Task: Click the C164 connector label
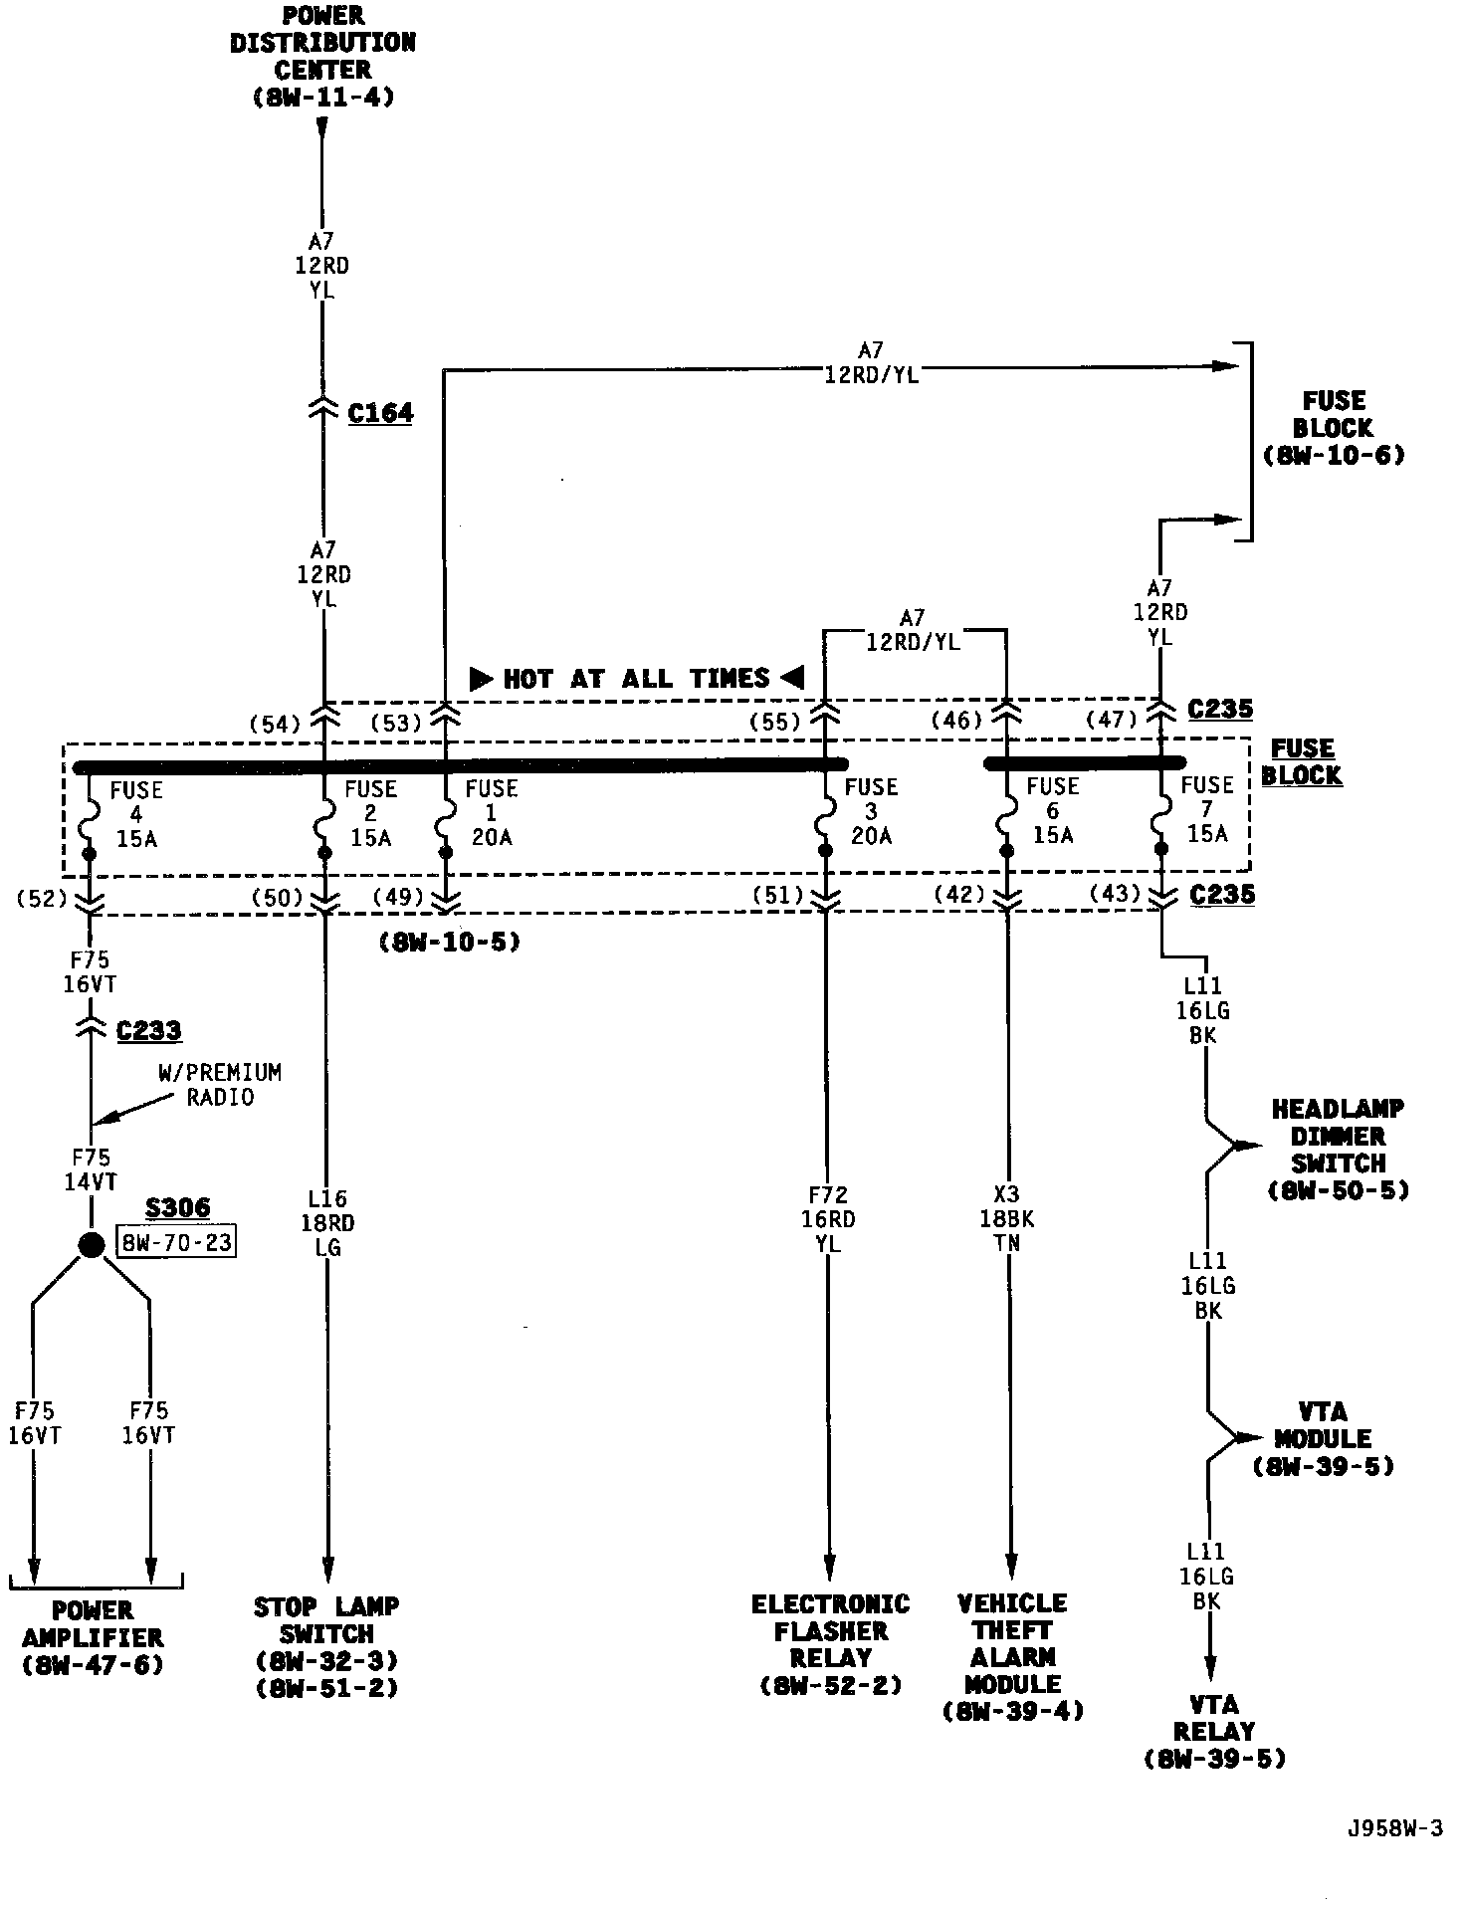[380, 413]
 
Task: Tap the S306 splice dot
[92, 1244]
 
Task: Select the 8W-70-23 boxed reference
[177, 1243]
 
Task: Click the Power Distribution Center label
[322, 57]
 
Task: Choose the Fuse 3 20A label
[871, 812]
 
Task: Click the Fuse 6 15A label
[1053, 810]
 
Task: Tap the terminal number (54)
[275, 725]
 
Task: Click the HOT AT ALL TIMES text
[637, 679]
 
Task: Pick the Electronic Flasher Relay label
[830, 1644]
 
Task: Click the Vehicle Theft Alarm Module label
[1012, 1656]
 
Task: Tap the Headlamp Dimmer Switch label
[1338, 1150]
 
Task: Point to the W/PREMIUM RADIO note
[220, 1085]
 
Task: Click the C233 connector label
[148, 1030]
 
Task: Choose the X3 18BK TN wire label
[1007, 1219]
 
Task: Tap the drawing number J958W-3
[1394, 1828]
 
